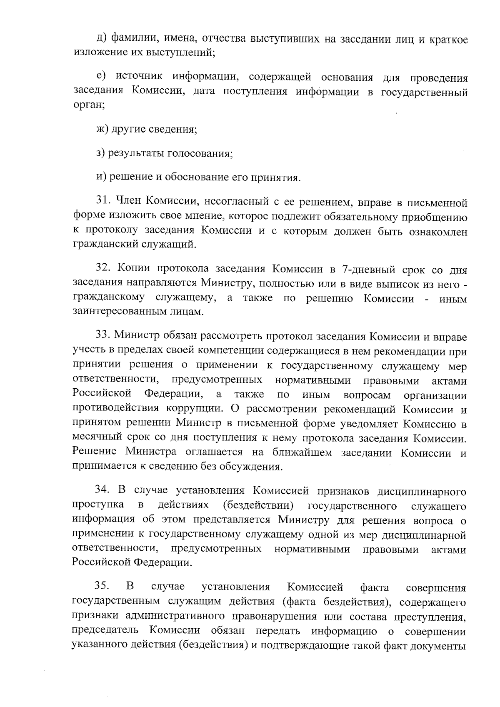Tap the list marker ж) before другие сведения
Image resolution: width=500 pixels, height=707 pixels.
[x=102, y=129]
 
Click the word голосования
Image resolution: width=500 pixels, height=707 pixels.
[x=200, y=153]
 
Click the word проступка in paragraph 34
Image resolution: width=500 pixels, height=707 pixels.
[x=98, y=505]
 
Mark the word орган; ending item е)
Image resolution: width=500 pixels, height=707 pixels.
[x=89, y=106]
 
